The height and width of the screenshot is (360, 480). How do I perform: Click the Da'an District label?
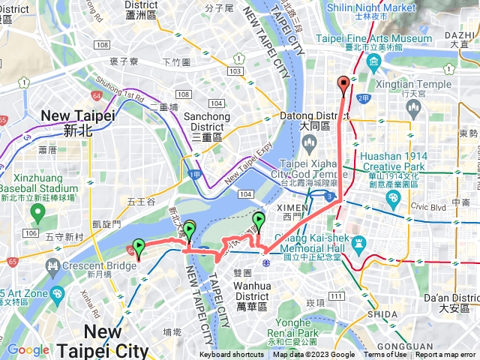[x=453, y=302]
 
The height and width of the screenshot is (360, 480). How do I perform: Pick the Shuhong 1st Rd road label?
[x=118, y=97]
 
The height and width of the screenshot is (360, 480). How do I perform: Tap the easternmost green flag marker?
[x=259, y=220]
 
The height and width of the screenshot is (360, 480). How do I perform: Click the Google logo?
[x=28, y=349]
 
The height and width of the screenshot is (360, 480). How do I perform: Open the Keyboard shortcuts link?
[x=232, y=355]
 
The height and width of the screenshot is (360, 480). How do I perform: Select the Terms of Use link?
[x=385, y=355]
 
